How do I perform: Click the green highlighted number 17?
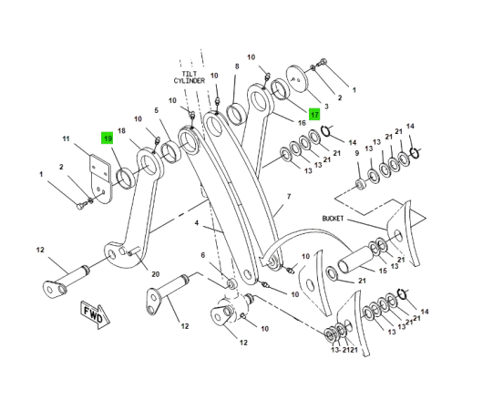(x=314, y=114)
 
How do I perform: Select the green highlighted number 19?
(x=108, y=138)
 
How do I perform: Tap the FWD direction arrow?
(x=95, y=315)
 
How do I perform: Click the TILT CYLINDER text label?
(x=190, y=77)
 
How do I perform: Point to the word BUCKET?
(x=333, y=218)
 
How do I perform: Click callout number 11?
(x=66, y=138)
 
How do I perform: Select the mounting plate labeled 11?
(x=101, y=179)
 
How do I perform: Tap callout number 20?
(x=155, y=274)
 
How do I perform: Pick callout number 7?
(x=289, y=197)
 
